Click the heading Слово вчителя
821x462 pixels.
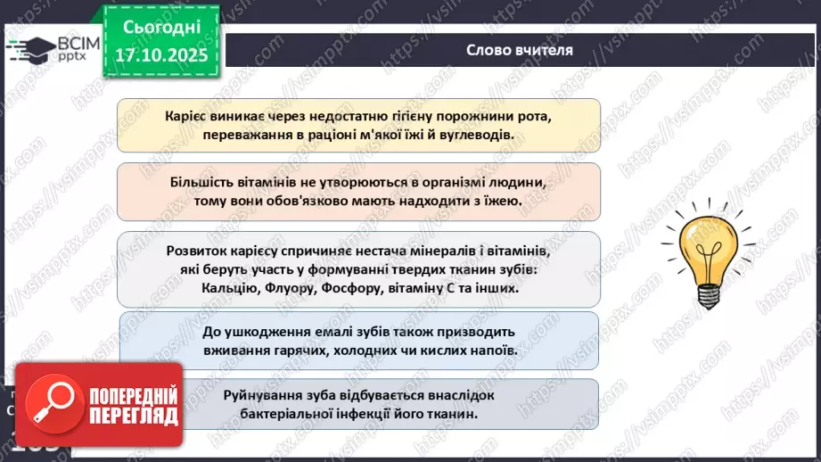(520, 49)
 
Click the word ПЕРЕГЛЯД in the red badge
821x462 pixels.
(134, 417)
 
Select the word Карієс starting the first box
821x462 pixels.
(187, 116)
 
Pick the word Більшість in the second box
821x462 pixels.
(201, 182)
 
